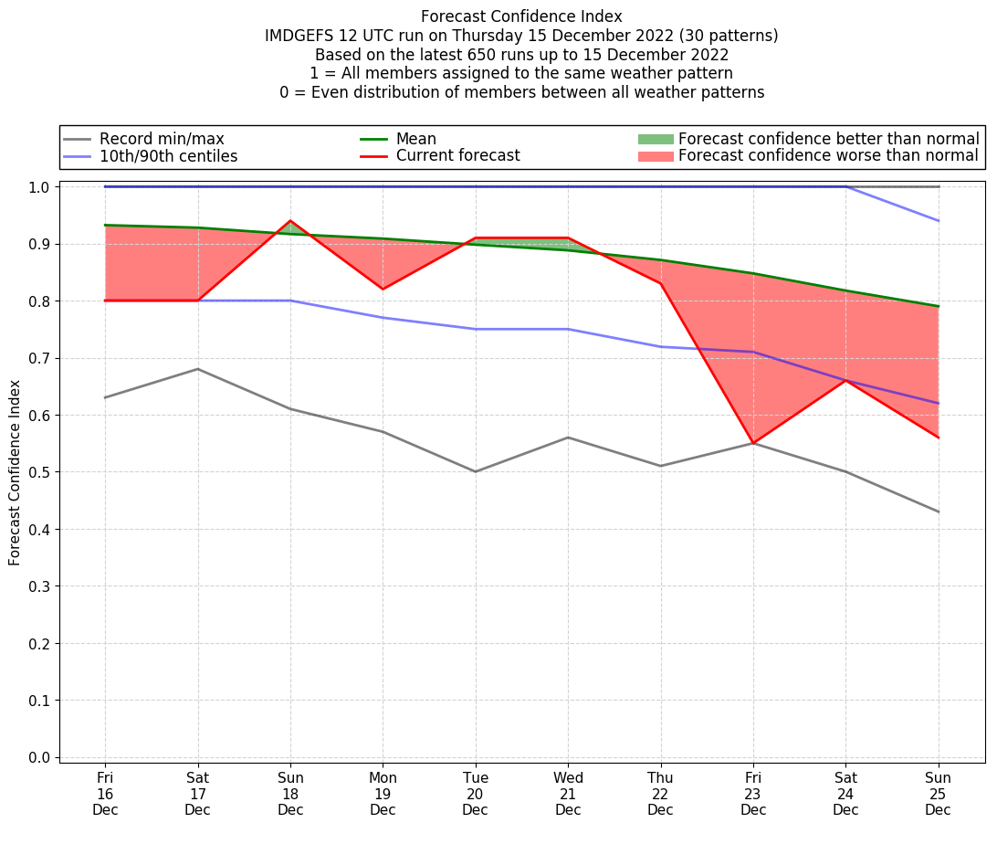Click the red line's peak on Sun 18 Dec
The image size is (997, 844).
290,221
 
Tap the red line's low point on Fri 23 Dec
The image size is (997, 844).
753,443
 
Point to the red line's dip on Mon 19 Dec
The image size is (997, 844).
383,289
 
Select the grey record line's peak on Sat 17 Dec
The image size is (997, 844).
198,369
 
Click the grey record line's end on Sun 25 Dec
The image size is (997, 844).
938,512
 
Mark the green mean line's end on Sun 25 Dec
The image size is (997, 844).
938,306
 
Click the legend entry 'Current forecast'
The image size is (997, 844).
457,156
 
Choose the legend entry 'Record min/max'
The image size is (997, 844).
162,139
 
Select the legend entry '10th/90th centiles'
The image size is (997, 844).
168,156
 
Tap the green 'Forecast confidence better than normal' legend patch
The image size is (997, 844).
655,139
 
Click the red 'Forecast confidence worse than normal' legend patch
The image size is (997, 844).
655,156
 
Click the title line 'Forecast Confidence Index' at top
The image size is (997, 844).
521,16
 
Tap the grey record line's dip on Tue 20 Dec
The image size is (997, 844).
476,471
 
